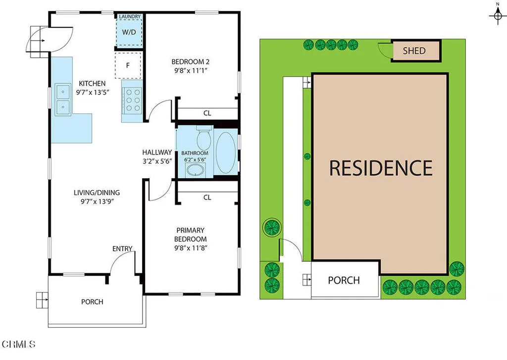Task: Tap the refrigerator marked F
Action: tap(128, 64)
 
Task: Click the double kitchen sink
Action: tap(63, 99)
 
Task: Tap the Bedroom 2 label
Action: tap(191, 62)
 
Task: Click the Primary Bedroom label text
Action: tap(191, 235)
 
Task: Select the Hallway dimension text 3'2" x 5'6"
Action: tap(157, 161)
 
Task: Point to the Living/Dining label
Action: tap(97, 193)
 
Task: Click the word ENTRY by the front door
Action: tap(122, 249)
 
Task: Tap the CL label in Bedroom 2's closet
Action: tap(207, 113)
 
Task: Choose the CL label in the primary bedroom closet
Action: tap(207, 198)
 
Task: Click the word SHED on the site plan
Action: tap(414, 51)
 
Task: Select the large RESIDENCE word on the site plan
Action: tap(381, 168)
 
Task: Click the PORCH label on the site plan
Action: tap(344, 280)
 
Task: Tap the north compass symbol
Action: tap(497, 16)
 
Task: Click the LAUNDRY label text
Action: tap(130, 17)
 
